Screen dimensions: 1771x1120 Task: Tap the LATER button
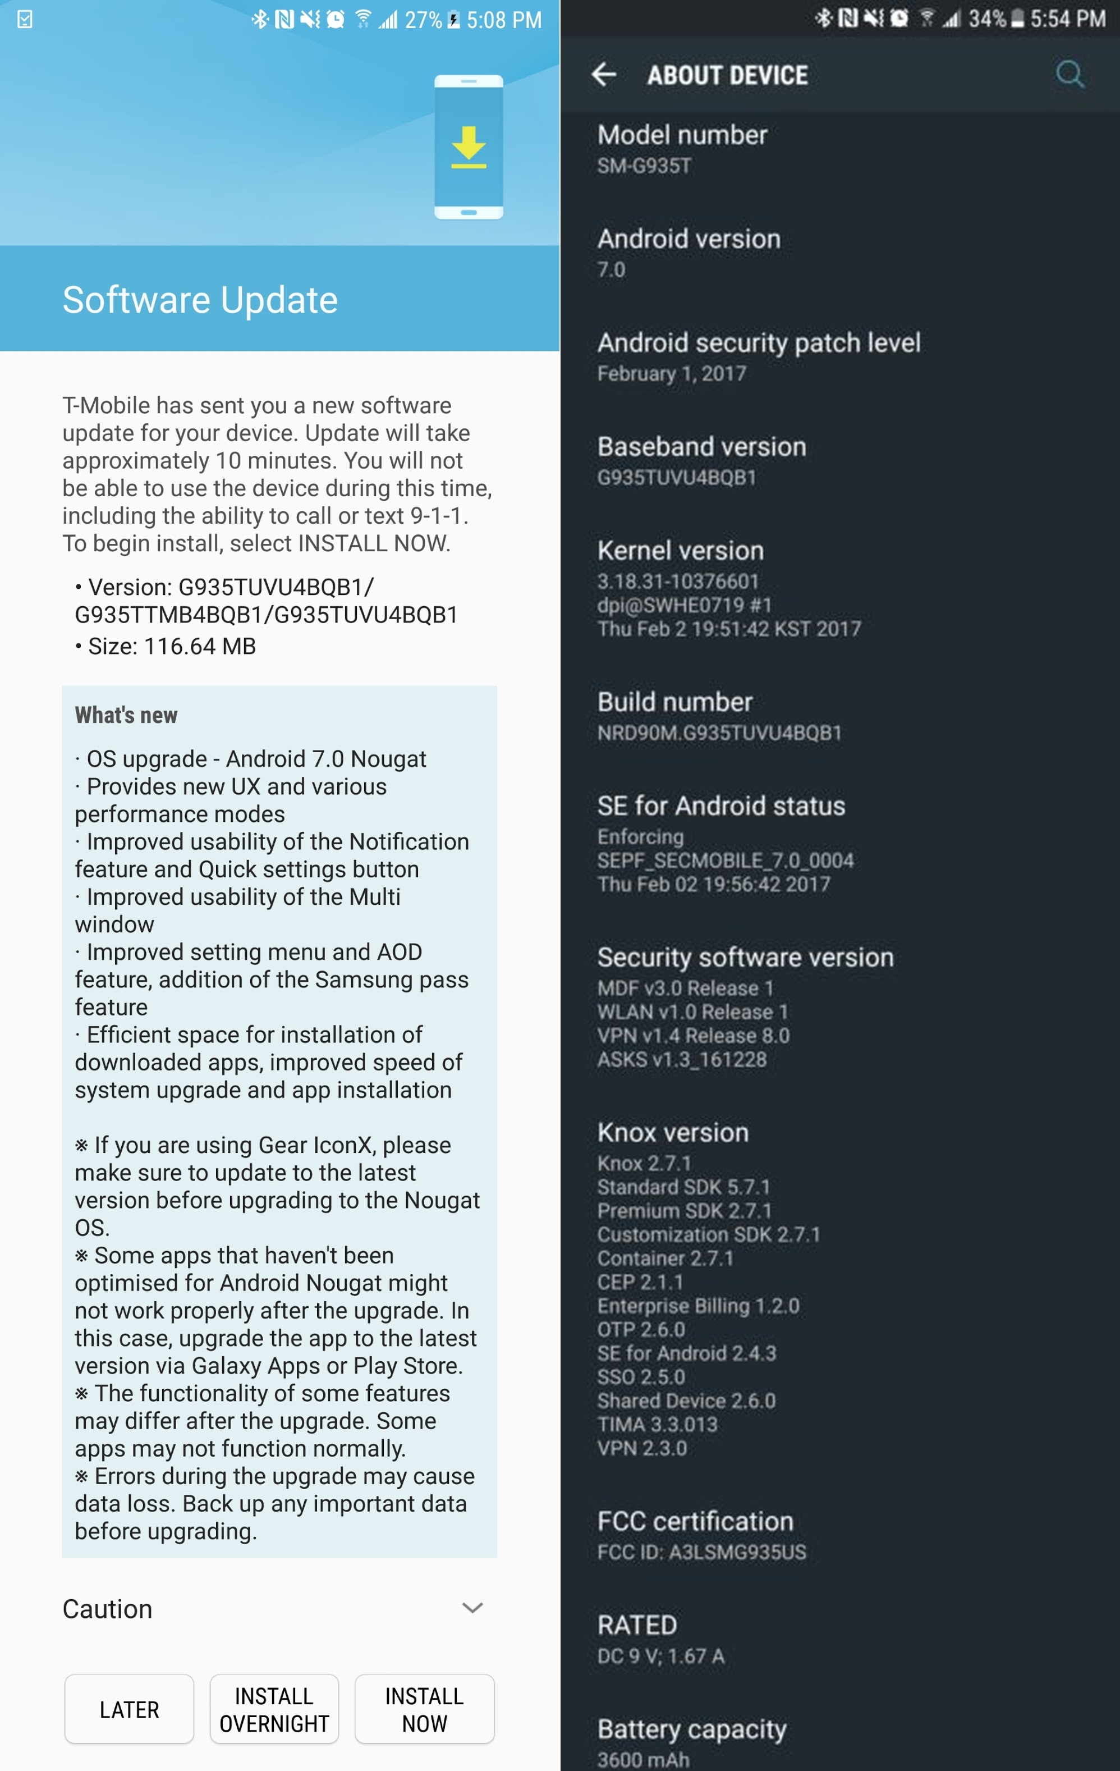click(130, 1709)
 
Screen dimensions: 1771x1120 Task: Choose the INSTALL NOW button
click(424, 1709)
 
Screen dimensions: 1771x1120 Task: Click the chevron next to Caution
click(472, 1608)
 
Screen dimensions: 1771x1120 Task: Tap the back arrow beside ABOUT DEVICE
click(604, 74)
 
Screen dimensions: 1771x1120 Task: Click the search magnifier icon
click(1069, 74)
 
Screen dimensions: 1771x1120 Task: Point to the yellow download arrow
click(469, 147)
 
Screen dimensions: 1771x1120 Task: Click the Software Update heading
click(200, 300)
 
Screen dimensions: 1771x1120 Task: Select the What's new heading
click(126, 715)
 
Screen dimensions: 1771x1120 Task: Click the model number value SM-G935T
click(644, 166)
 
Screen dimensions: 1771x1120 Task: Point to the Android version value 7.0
click(611, 270)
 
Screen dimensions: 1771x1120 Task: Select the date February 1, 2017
click(672, 374)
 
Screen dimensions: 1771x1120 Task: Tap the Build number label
click(674, 702)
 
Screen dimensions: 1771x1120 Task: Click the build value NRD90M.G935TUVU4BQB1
click(719, 733)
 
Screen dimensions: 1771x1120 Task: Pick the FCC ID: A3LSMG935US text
click(701, 1553)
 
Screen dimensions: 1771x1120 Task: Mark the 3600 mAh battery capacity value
click(644, 1759)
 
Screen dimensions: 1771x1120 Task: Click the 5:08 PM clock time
click(504, 20)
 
